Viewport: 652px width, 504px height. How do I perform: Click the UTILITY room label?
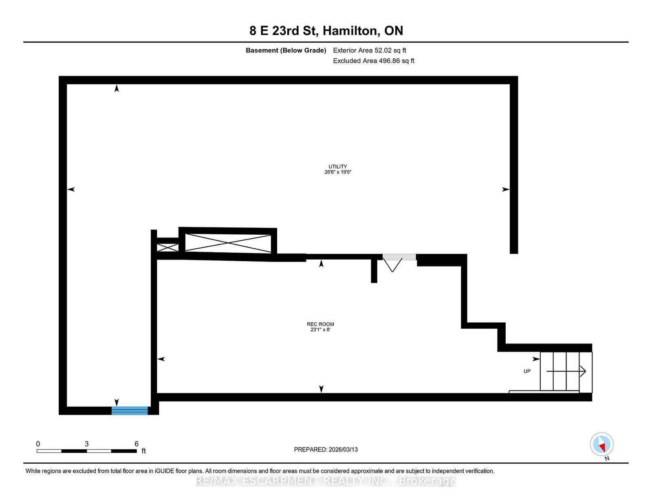(x=337, y=166)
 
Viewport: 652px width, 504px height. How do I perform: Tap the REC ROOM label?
(x=320, y=324)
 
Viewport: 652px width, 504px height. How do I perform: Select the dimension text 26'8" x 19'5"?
(x=338, y=172)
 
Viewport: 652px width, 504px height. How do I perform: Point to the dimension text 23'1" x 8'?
(x=320, y=330)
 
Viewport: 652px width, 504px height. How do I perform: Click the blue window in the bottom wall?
(x=130, y=410)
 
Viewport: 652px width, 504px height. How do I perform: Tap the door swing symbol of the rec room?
(x=392, y=265)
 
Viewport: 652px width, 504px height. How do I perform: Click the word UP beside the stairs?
(x=527, y=371)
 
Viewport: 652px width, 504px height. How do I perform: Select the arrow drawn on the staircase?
(x=566, y=371)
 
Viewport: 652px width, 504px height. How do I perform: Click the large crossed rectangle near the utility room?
(x=228, y=243)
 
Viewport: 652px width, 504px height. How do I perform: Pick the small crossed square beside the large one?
(x=167, y=247)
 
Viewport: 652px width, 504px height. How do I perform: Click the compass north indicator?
(x=602, y=445)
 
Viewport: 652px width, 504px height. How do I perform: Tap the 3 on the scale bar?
(x=86, y=444)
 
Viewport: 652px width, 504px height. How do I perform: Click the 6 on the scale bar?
(x=137, y=444)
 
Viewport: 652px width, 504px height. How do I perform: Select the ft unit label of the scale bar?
(x=143, y=451)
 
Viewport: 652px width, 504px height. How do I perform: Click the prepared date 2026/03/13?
(x=343, y=449)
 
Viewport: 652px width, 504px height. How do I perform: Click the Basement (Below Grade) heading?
(x=286, y=51)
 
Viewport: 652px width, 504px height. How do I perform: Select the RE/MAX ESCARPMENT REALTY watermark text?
(x=326, y=481)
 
